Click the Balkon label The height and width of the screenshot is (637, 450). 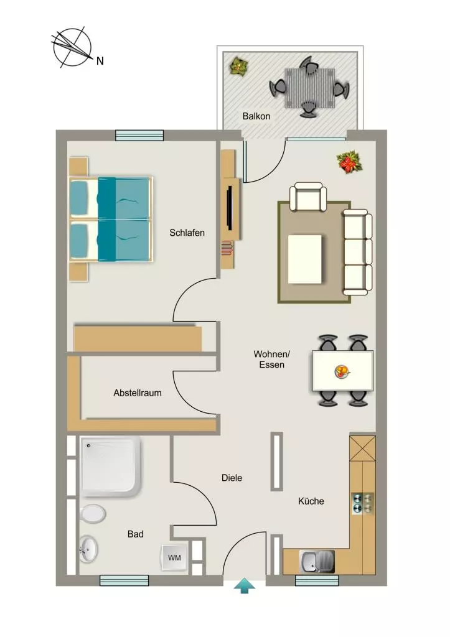pos(256,116)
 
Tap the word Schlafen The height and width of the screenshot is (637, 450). pos(187,233)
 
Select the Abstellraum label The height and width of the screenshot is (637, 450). pos(138,393)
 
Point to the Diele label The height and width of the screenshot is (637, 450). pos(232,478)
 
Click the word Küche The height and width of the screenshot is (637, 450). pos(311,501)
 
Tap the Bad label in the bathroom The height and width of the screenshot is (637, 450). pos(135,534)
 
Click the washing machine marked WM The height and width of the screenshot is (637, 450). pos(175,557)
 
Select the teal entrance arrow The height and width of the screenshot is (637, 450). pos(245,586)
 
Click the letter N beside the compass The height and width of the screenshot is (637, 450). pos(100,61)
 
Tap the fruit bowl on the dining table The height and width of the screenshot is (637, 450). pos(342,371)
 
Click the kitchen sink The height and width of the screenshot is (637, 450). pos(317,562)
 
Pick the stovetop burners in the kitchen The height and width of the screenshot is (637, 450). pos(363,503)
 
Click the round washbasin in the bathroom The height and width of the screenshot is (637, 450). pos(88,549)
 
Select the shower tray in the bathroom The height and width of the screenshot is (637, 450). pos(111,467)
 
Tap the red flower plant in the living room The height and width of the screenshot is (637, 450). pos(349,162)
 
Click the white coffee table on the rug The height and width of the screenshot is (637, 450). pos(305,259)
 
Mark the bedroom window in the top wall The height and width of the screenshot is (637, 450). pos(139,135)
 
